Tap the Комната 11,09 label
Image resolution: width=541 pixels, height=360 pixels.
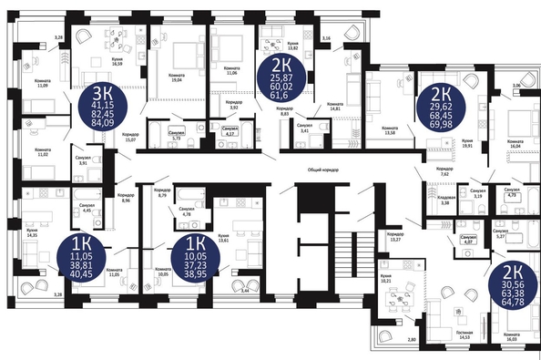click(x=41, y=83)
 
